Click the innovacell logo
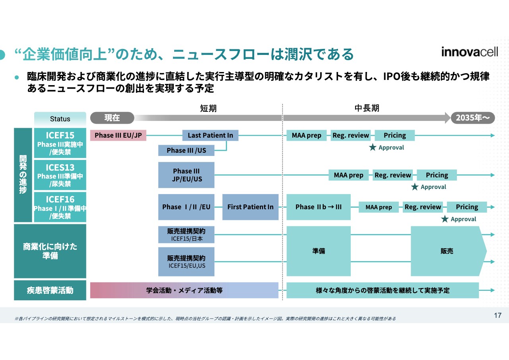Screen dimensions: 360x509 (x=469, y=52)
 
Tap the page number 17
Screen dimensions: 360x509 (x=497, y=315)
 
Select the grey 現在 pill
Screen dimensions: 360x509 (x=112, y=118)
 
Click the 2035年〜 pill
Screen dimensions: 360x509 (x=472, y=118)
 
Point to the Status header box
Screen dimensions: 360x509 (x=60, y=119)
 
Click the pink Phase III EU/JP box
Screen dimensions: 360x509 (x=118, y=135)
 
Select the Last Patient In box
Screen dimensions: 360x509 (x=210, y=135)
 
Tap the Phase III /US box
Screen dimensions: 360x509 (x=186, y=150)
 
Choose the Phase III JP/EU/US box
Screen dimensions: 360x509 (x=186, y=175)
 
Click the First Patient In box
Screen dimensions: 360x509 (x=251, y=207)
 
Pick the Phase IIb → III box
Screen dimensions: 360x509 (x=319, y=207)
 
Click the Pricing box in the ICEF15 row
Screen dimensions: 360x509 (x=394, y=135)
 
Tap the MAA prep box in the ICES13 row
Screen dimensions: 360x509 (x=349, y=175)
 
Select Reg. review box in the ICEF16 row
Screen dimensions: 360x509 (x=423, y=207)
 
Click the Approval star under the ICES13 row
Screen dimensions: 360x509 (x=415, y=187)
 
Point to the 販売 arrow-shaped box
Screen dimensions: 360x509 (x=447, y=251)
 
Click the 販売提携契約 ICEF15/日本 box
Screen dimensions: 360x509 (x=186, y=235)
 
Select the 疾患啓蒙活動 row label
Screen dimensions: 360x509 (x=50, y=290)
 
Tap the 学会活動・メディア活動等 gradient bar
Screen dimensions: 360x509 (x=184, y=290)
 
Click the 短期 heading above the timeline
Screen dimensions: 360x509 (x=208, y=108)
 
